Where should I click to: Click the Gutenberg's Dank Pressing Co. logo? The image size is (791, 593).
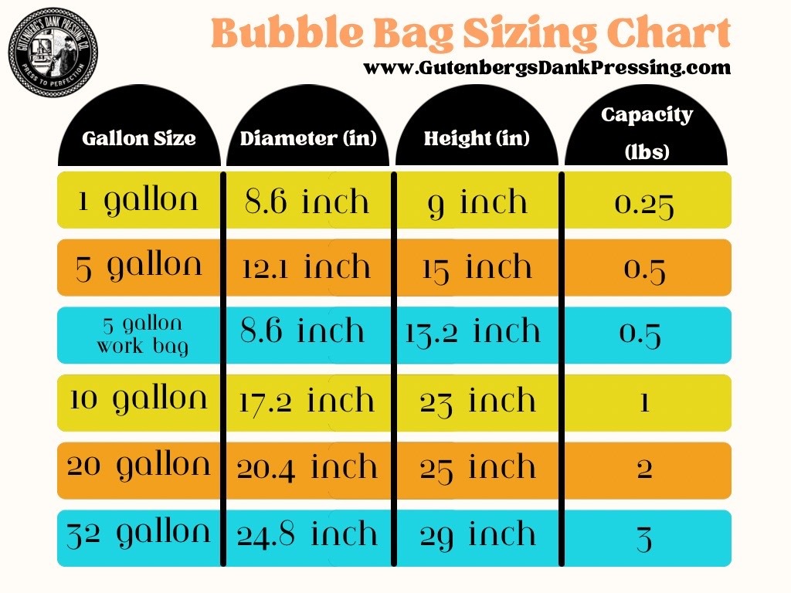53,52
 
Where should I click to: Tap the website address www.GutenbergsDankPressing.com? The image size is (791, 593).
547,68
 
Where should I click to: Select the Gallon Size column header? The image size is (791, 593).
139,139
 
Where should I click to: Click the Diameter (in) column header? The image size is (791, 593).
308,139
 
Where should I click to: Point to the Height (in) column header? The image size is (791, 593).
477,139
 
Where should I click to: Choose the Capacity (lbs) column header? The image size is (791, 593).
647,131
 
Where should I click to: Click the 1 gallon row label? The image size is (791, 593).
138,201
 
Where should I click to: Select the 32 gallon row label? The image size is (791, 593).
138,533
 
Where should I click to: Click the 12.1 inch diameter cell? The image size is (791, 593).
307,268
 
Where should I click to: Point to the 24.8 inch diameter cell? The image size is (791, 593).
307,534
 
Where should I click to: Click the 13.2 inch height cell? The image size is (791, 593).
474,332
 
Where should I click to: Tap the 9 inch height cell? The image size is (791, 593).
477,202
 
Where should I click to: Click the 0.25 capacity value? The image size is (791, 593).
644,204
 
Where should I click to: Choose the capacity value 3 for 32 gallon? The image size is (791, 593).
644,537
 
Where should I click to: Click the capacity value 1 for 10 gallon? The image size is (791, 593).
644,402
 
